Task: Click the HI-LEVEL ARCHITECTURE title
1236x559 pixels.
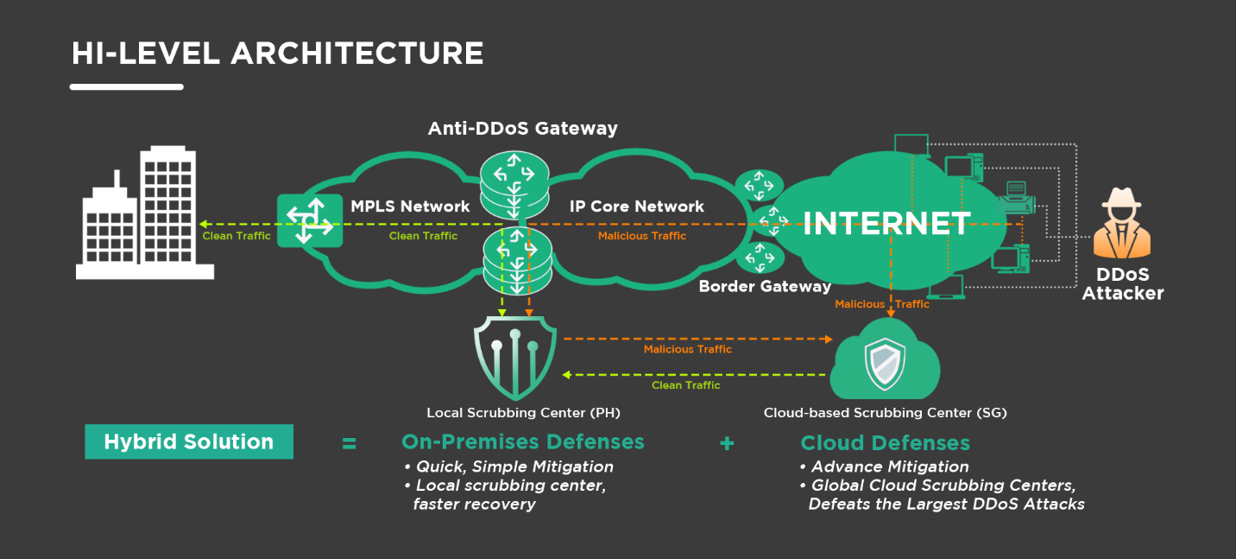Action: [x=277, y=54]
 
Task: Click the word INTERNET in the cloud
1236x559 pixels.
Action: [x=886, y=224]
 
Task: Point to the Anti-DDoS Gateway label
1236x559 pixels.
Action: [x=523, y=129]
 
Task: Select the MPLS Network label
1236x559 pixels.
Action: [x=410, y=206]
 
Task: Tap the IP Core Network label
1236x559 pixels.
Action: [x=637, y=206]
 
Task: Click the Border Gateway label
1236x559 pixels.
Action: [x=765, y=286]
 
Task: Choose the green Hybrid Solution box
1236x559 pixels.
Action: [x=189, y=441]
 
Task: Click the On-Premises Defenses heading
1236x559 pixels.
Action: [x=522, y=442]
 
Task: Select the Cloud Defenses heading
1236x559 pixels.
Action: [x=885, y=443]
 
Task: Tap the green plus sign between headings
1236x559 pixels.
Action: [x=727, y=443]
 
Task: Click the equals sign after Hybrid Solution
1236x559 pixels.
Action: [x=349, y=443]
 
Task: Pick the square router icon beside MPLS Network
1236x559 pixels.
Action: [x=310, y=220]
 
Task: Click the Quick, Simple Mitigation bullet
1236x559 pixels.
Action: [x=508, y=467]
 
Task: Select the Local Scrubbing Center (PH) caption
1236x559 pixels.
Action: [x=523, y=413]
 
